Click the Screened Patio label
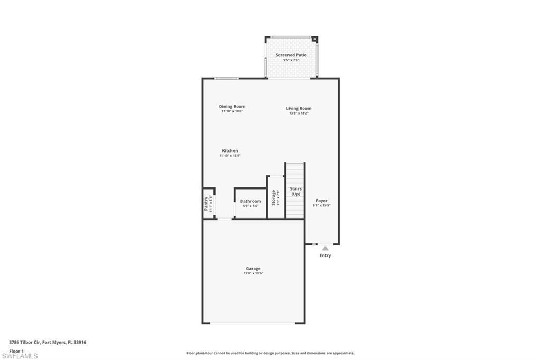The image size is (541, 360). [x=291, y=55]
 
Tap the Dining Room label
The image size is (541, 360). [x=232, y=106]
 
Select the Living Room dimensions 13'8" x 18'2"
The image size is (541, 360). [x=299, y=113]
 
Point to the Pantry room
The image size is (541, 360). [x=208, y=204]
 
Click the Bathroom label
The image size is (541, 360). [x=250, y=201]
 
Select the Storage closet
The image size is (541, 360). [x=275, y=198]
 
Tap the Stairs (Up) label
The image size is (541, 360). [x=295, y=191]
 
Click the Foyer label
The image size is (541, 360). [x=322, y=201]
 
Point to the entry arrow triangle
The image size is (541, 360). [x=325, y=248]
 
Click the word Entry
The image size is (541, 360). [x=325, y=255]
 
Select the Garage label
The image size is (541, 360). [x=253, y=268]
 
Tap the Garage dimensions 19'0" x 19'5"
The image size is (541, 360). [x=253, y=273]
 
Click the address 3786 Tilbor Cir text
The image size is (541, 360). [x=48, y=342]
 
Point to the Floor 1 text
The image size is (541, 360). [x=16, y=350]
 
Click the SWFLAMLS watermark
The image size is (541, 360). [x=20, y=356]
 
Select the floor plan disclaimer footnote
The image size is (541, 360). [x=270, y=353]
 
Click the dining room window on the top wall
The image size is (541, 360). [x=226, y=79]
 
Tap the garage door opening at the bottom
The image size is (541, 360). [x=253, y=323]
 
